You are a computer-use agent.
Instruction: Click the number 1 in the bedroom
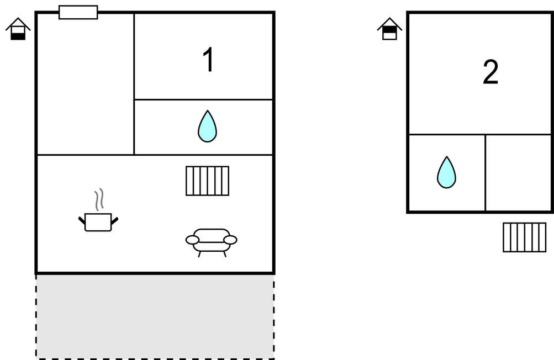click(208, 60)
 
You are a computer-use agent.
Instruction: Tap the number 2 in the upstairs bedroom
click(490, 72)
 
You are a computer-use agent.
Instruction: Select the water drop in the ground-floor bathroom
click(207, 126)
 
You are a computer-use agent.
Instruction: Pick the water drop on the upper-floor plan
click(447, 172)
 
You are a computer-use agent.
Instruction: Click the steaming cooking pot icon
click(98, 210)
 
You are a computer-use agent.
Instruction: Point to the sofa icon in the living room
click(212, 242)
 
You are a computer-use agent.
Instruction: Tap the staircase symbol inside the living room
click(207, 181)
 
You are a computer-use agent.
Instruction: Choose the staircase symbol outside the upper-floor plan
click(525, 237)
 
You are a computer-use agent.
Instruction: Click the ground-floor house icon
click(18, 29)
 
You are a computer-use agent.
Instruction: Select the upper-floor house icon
click(390, 29)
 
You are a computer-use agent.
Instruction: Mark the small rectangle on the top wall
click(78, 12)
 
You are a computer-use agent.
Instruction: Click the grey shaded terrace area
click(155, 316)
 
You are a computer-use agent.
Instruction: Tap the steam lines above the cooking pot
click(99, 200)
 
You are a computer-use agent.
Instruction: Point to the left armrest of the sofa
click(192, 240)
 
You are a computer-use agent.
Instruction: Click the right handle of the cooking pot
click(114, 220)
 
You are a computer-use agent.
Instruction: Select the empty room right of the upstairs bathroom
click(519, 173)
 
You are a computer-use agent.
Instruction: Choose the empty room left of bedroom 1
click(86, 84)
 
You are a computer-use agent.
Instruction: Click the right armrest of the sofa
click(230, 240)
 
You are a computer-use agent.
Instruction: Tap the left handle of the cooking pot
click(82, 220)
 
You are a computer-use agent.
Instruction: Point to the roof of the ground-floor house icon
click(18, 23)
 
